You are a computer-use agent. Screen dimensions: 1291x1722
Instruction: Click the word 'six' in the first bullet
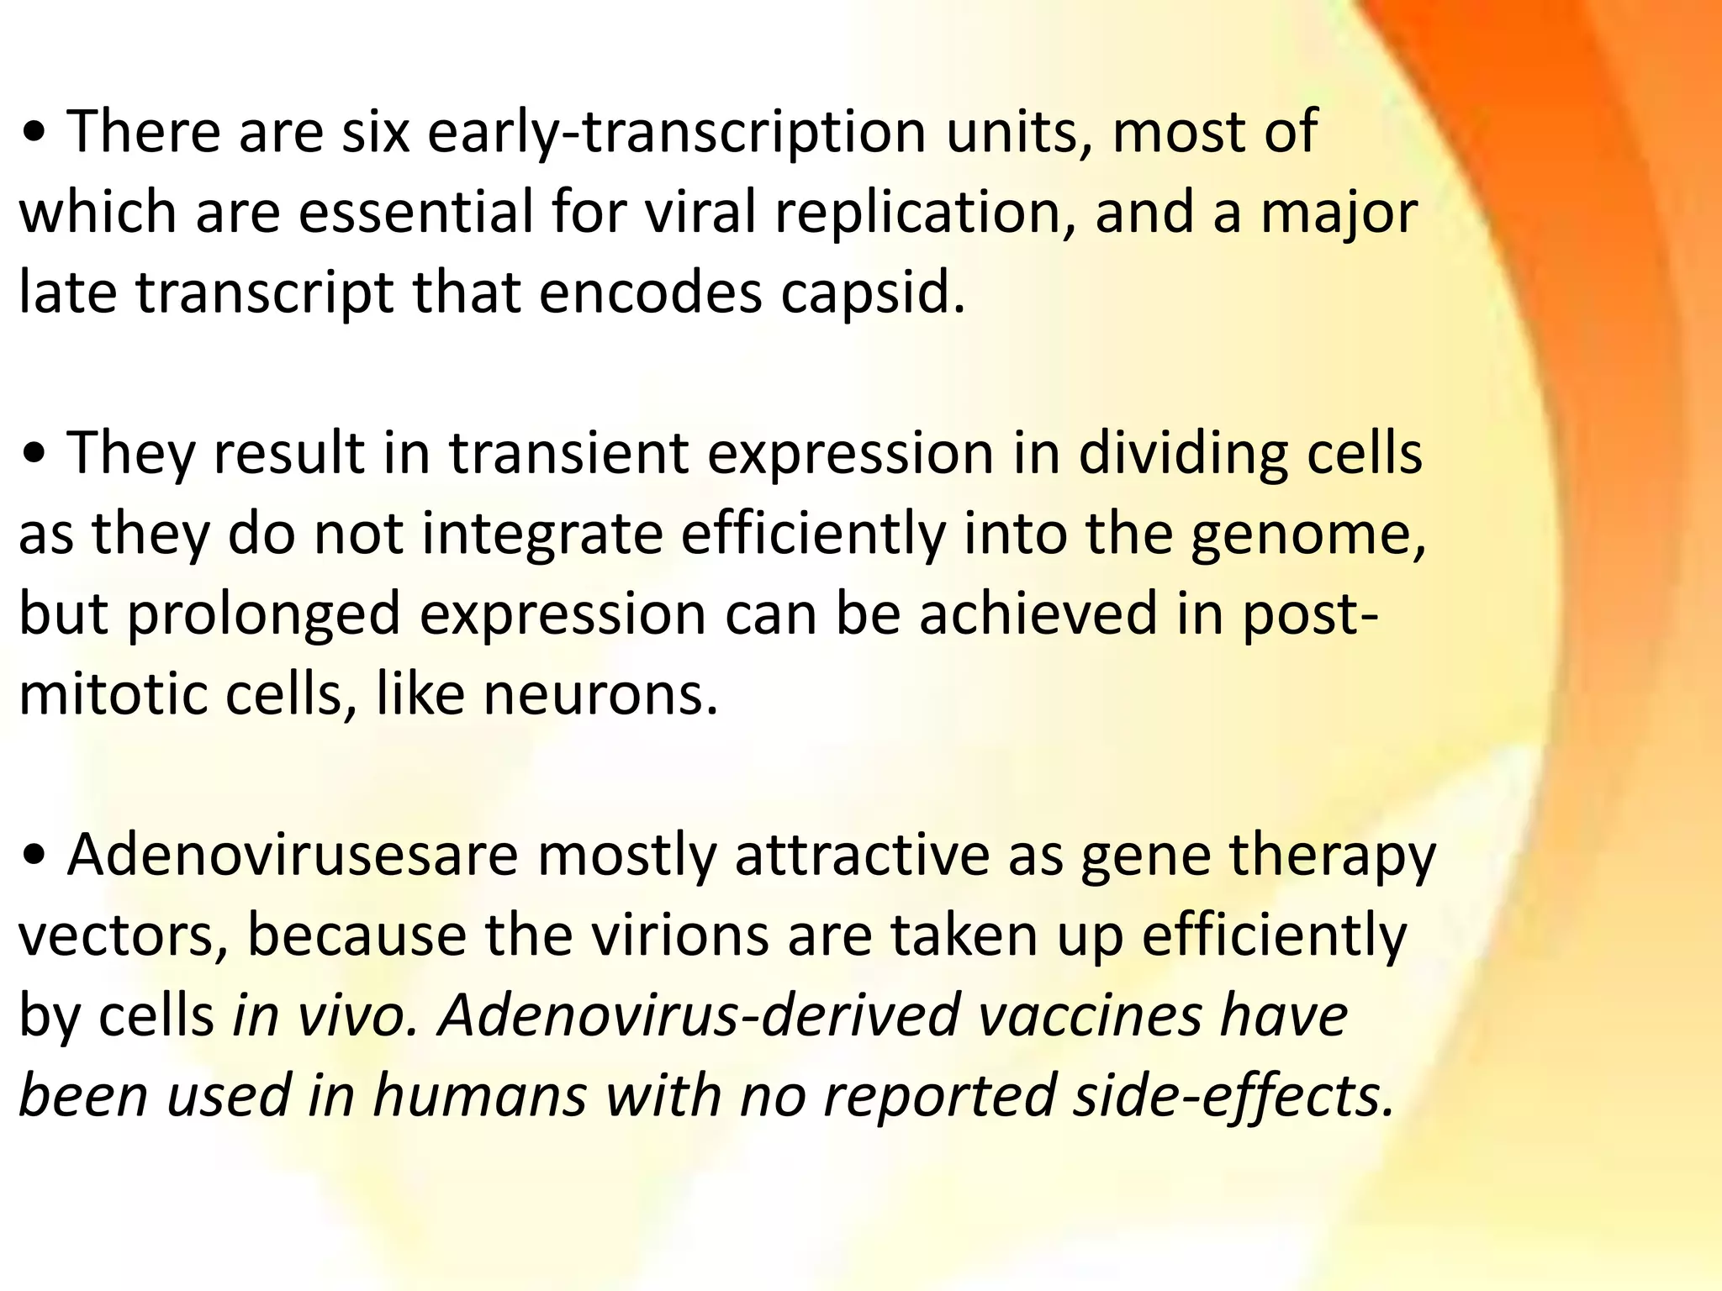[x=375, y=132]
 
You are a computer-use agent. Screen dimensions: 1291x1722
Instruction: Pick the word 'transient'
[x=568, y=454]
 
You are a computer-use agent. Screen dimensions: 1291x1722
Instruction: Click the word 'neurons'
[x=600, y=696]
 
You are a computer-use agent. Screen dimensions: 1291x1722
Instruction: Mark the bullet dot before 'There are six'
[x=35, y=134]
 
